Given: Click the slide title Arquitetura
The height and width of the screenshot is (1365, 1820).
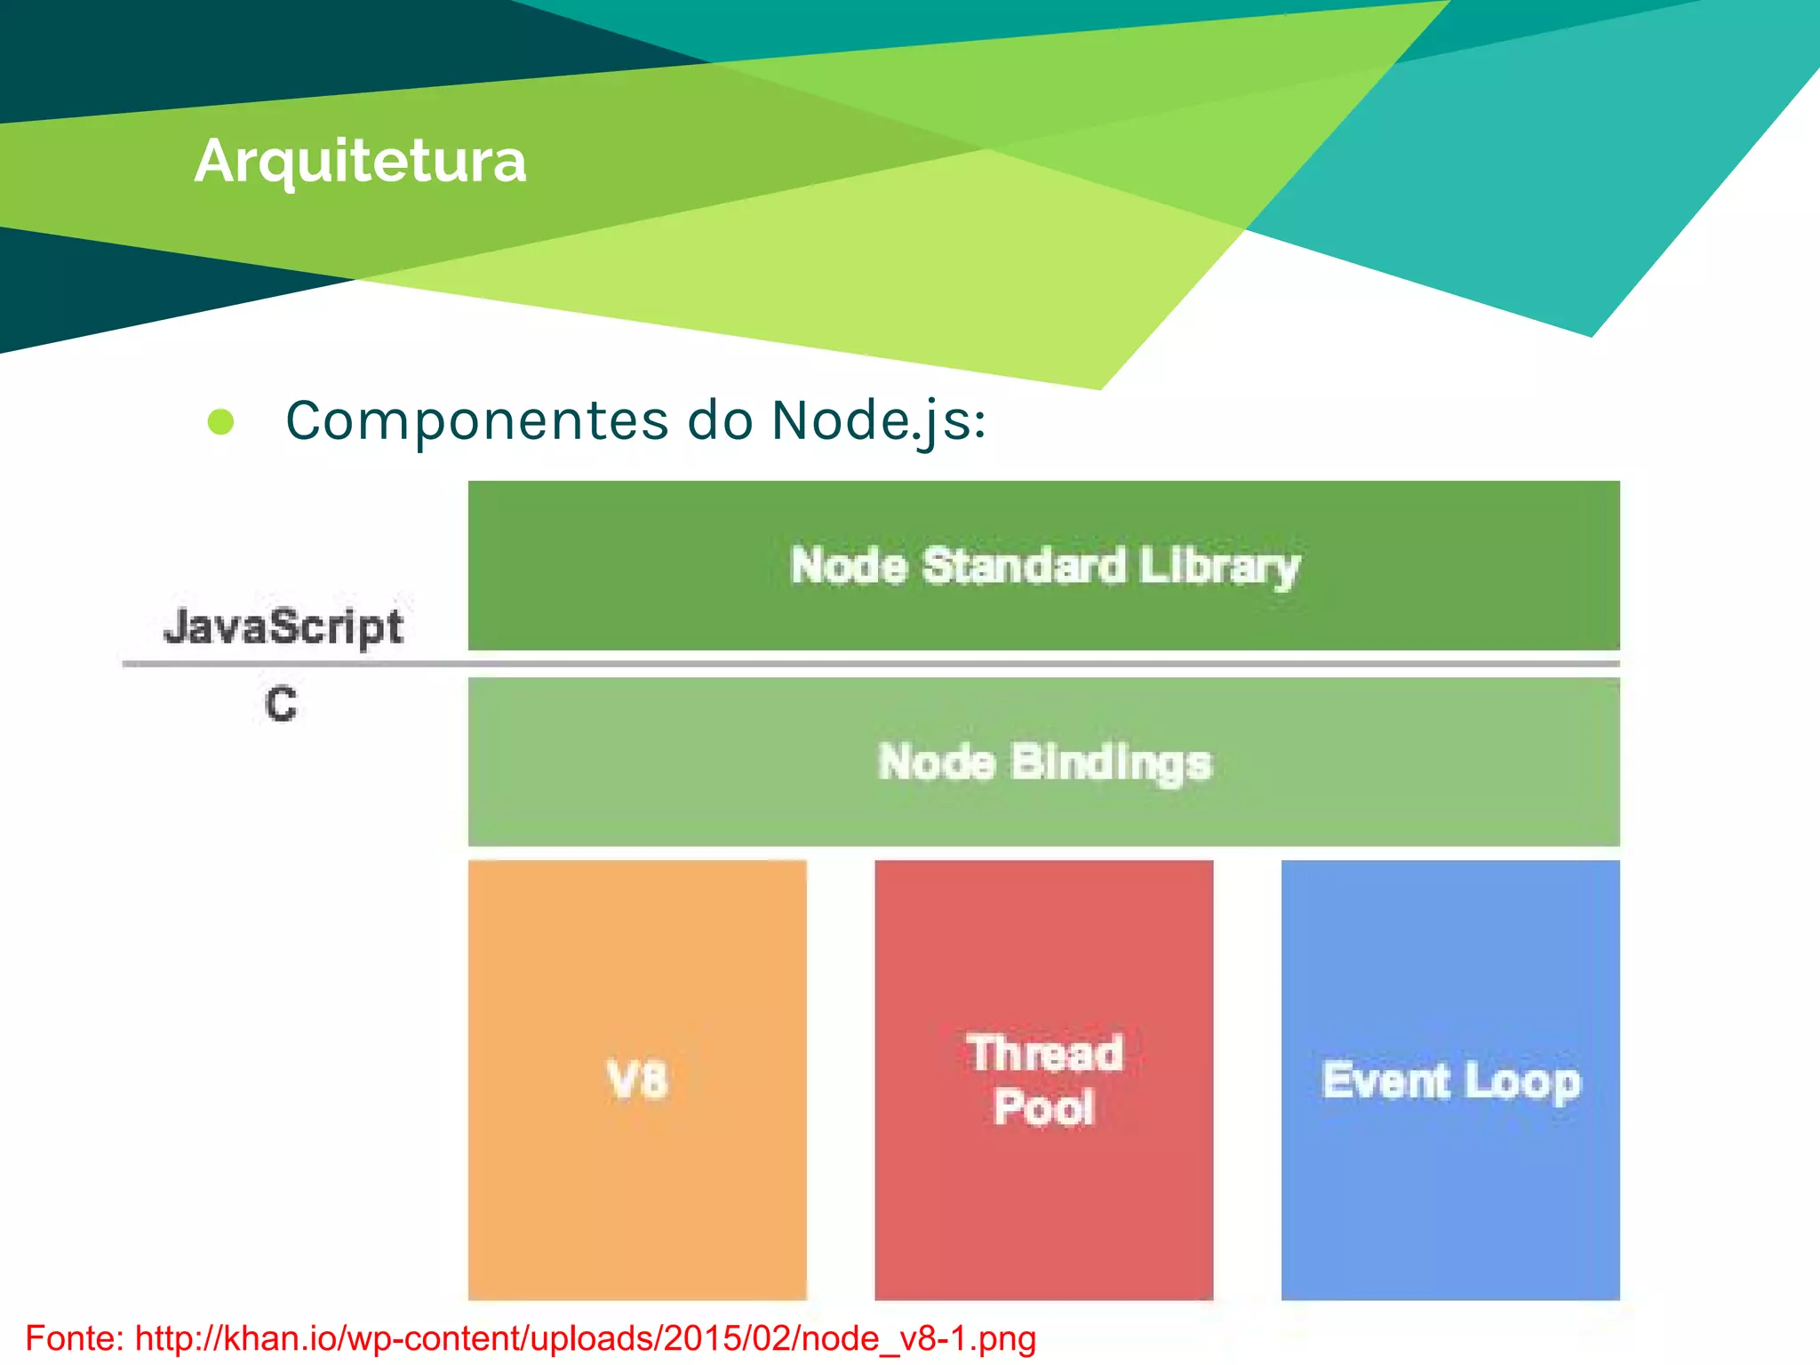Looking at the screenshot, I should pyautogui.click(x=360, y=162).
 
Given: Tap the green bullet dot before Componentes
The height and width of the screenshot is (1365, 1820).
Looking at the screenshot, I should pyautogui.click(x=220, y=422).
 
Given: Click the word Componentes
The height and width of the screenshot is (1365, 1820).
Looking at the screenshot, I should pyautogui.click(x=476, y=420).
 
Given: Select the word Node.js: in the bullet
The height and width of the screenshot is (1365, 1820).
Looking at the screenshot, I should pyautogui.click(x=878, y=420).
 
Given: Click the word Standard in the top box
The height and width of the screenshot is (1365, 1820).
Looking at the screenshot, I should pyautogui.click(x=1024, y=566).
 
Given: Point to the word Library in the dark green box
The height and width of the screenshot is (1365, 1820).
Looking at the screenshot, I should pyautogui.click(x=1219, y=566).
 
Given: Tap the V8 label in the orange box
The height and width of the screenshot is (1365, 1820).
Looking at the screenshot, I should pyautogui.click(x=636, y=1081).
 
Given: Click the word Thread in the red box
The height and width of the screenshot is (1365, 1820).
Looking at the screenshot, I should pyautogui.click(x=1044, y=1054).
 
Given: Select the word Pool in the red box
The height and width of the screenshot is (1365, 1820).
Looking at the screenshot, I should pyautogui.click(x=1043, y=1108).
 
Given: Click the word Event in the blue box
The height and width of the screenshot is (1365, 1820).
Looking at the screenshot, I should pyautogui.click(x=1385, y=1081).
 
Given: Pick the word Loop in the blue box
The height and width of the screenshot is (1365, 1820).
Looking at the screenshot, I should pyautogui.click(x=1522, y=1082).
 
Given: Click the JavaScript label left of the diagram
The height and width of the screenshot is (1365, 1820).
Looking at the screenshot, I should pyautogui.click(x=283, y=627).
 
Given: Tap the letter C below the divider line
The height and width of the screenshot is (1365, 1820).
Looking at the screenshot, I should pyautogui.click(x=281, y=705).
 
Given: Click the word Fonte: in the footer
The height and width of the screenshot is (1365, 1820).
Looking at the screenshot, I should pyautogui.click(x=75, y=1338).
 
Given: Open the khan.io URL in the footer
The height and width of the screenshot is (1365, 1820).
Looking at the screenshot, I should pyautogui.click(x=585, y=1338).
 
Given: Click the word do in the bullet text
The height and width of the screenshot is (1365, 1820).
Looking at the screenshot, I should pyautogui.click(x=719, y=420).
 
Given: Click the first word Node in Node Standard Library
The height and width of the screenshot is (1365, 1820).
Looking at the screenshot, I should pyautogui.click(x=849, y=566).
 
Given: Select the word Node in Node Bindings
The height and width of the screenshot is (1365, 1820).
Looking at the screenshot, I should pyautogui.click(x=936, y=762).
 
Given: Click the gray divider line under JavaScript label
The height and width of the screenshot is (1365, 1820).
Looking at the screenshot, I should pyautogui.click(x=293, y=664).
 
